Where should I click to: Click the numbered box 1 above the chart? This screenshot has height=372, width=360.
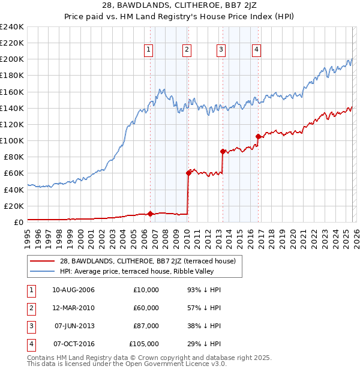click(148, 50)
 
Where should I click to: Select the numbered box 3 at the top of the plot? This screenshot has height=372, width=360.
click(221, 50)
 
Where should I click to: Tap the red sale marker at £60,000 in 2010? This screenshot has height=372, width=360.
click(188, 173)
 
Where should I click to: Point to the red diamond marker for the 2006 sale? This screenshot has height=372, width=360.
click(150, 213)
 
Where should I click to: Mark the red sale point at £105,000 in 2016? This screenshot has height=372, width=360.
click(258, 136)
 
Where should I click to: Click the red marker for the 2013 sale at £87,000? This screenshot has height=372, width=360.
click(223, 151)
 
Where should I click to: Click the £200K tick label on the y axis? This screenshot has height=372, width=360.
click(12, 59)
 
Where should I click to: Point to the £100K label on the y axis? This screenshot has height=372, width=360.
click(12, 140)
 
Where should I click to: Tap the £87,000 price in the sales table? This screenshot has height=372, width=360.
click(146, 326)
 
